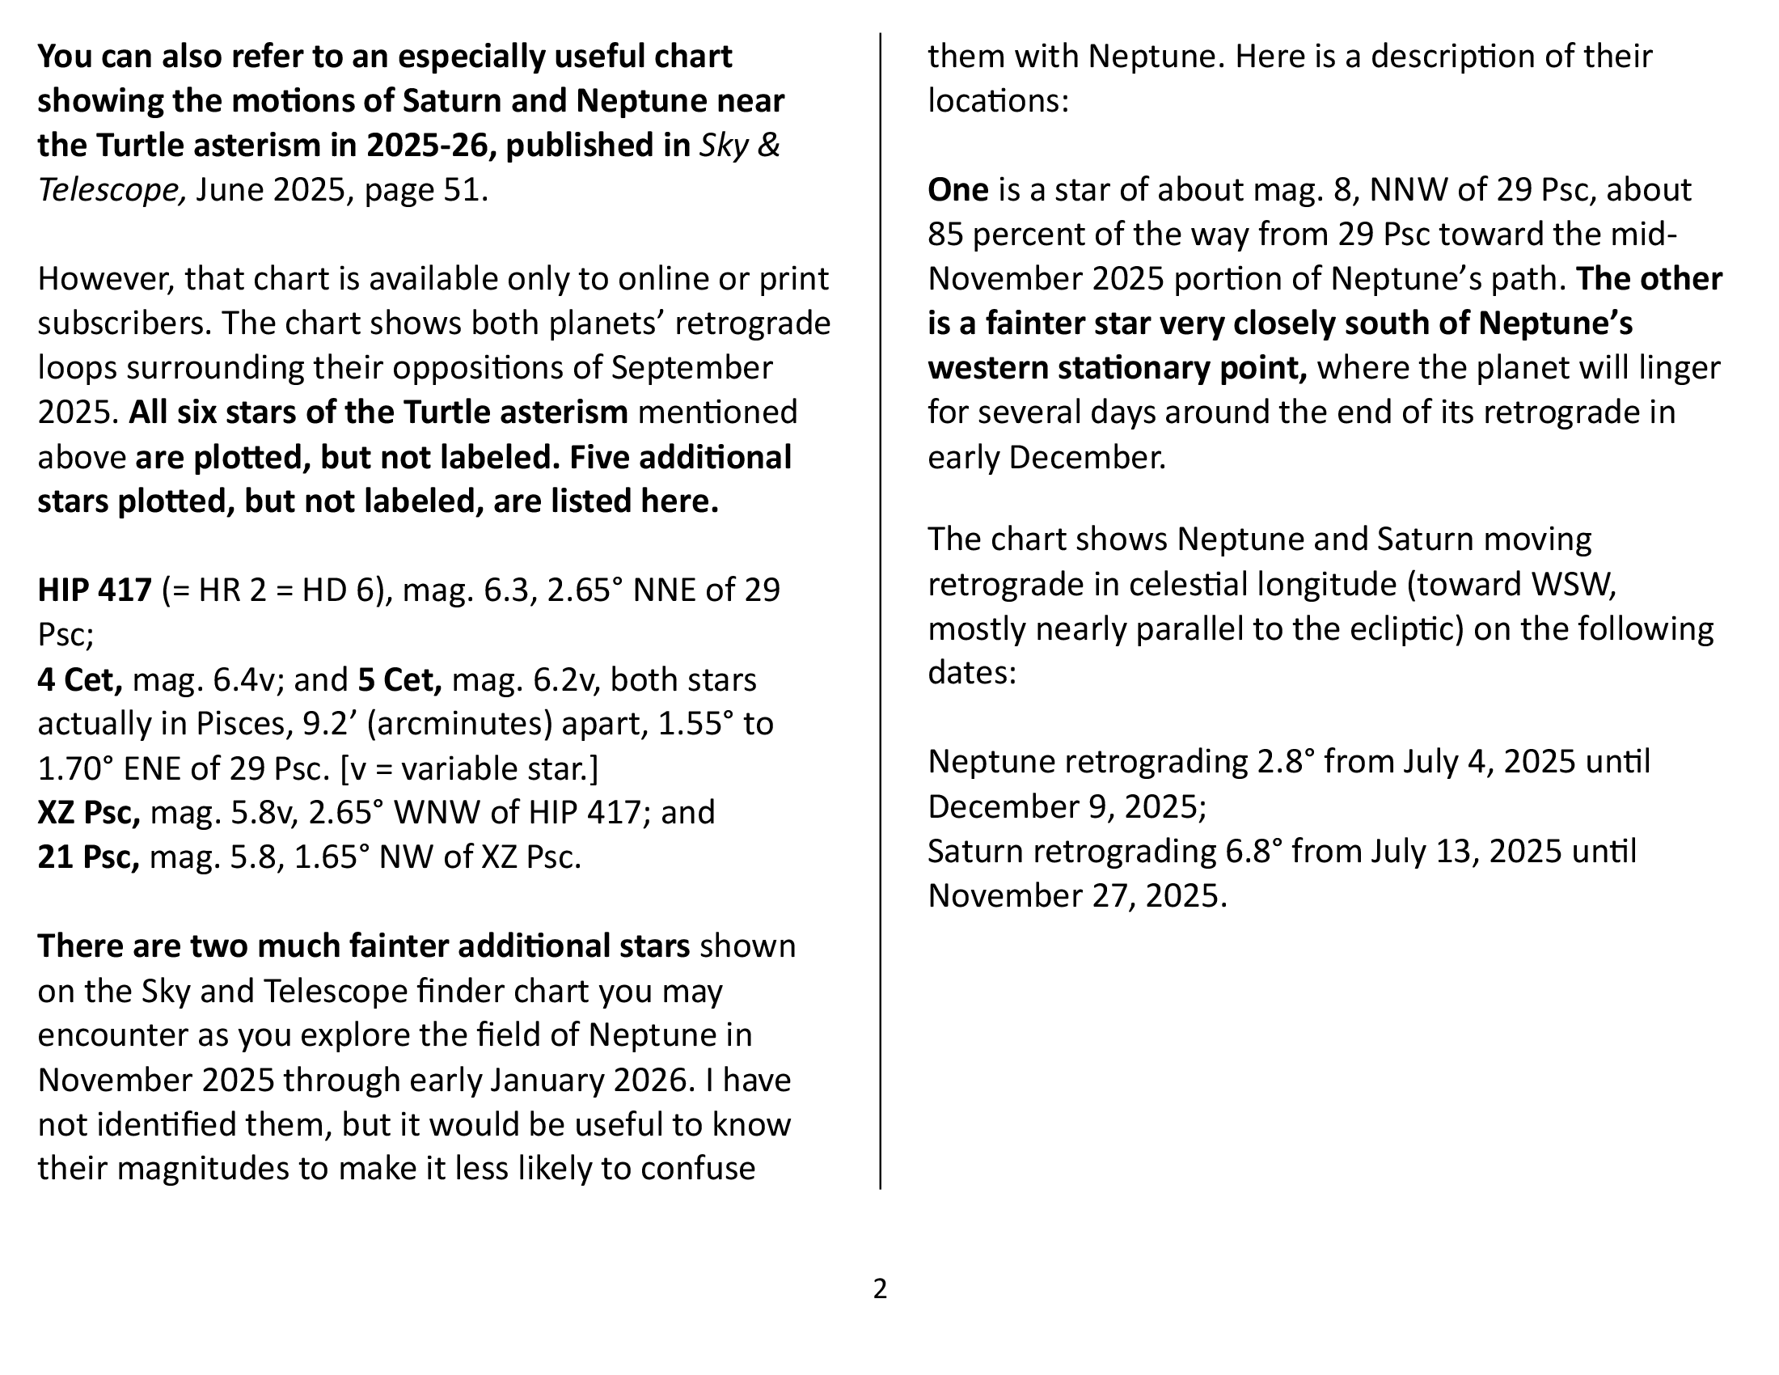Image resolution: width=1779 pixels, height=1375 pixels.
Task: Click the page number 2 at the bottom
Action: pos(880,1288)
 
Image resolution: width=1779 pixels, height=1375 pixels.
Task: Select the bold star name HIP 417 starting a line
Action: pos(95,590)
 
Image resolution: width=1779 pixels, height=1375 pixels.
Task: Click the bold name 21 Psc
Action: pos(88,857)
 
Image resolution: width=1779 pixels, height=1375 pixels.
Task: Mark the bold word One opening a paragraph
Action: pos(958,190)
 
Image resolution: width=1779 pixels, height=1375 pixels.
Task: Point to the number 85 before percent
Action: pos(946,235)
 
